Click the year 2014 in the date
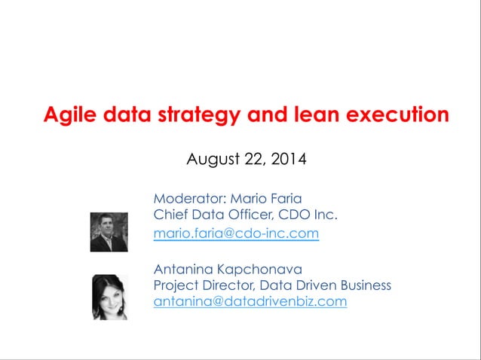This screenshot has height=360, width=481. click(x=288, y=160)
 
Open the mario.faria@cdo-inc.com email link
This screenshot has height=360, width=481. click(x=236, y=233)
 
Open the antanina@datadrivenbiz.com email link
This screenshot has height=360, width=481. click(x=250, y=302)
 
